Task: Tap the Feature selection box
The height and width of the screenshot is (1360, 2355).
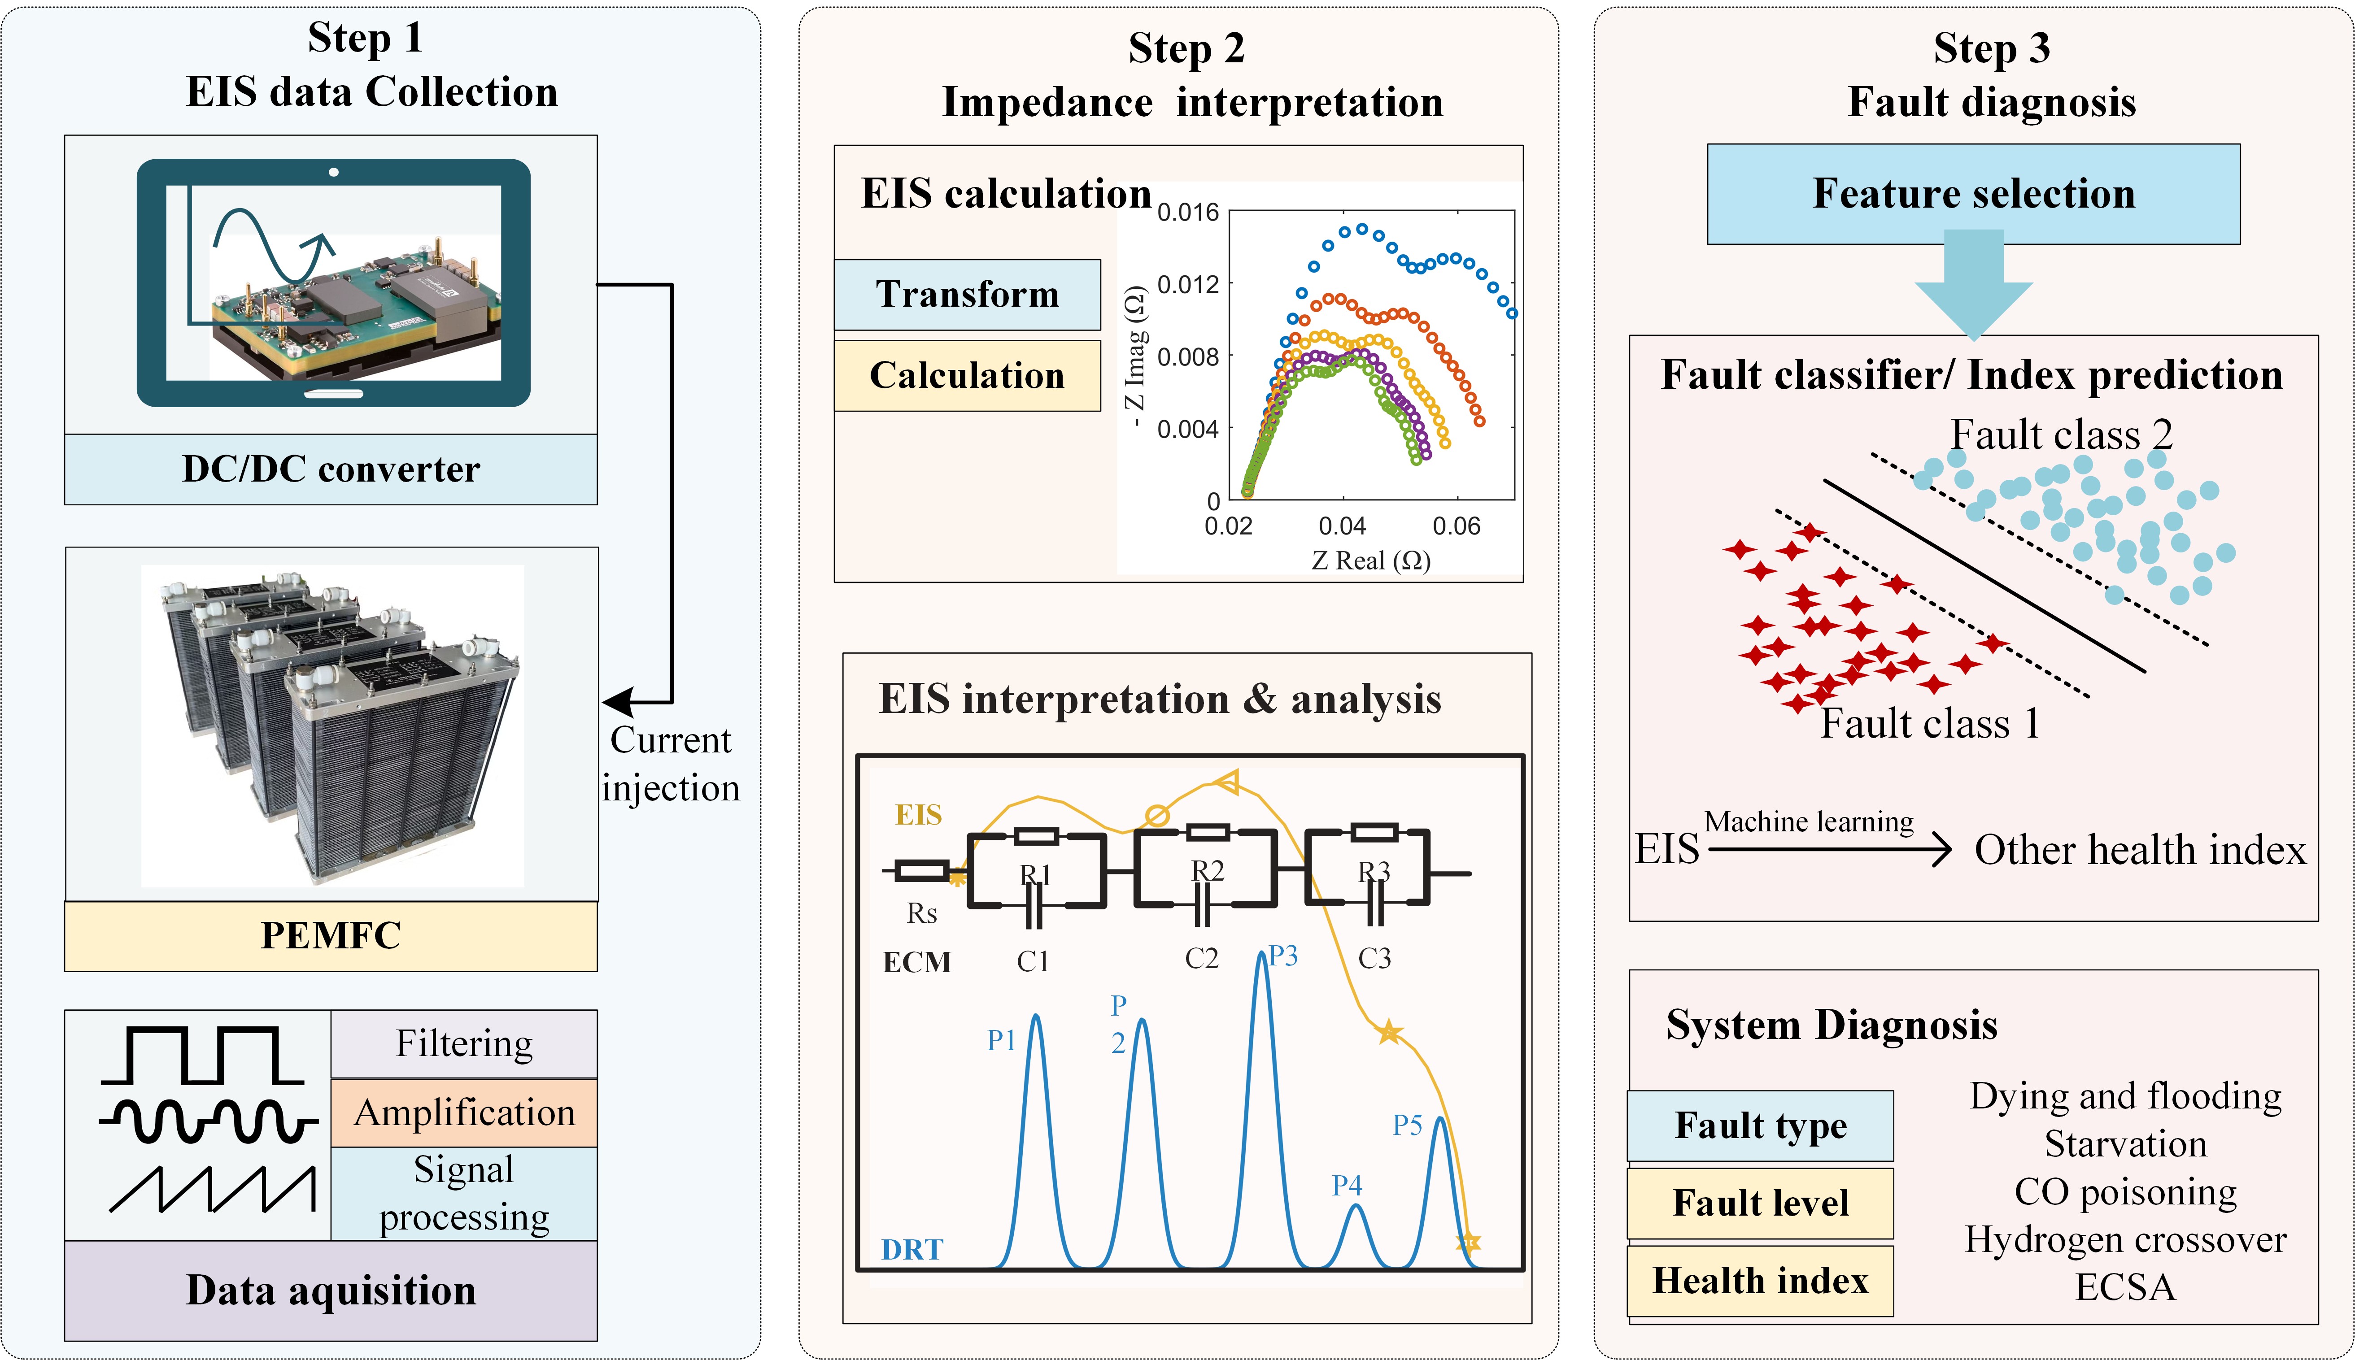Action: (1973, 193)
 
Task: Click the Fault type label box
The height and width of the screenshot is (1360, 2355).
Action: (1760, 1125)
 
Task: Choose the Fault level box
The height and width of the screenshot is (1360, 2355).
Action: (1760, 1203)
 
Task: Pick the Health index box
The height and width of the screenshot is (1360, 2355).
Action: (1760, 1281)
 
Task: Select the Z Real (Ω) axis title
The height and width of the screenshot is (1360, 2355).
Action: (1370, 561)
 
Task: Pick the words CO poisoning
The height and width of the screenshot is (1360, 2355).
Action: (2125, 1192)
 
